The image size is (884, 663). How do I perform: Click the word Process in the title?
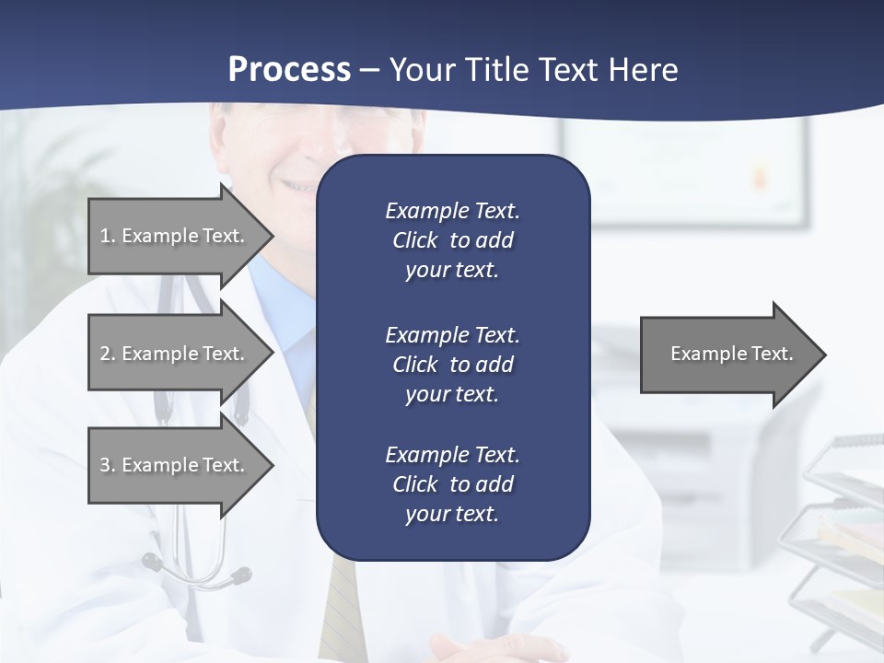pos(289,70)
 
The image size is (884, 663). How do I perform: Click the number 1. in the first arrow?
pos(108,236)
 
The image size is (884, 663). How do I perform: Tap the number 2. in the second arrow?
pos(108,354)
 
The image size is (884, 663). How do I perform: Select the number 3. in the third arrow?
pos(108,465)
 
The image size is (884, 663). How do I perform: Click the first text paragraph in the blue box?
pos(452,240)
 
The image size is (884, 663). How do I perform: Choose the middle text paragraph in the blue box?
pos(452,365)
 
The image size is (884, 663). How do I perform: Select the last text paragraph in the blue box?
pos(452,484)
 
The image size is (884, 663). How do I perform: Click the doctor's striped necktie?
pos(342,608)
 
